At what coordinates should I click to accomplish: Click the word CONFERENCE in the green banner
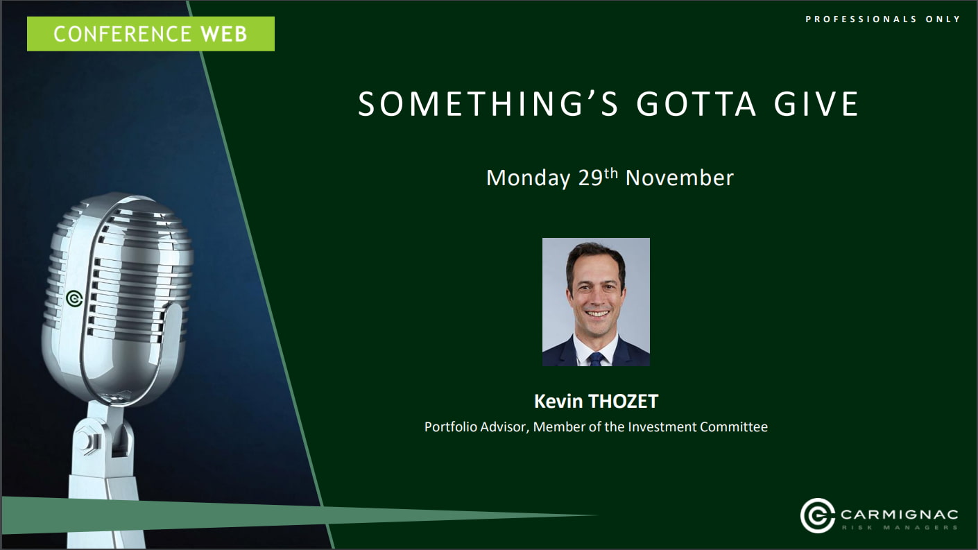tap(122, 34)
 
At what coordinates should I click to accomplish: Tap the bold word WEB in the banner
tap(224, 34)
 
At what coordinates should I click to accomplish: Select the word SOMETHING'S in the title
tap(488, 104)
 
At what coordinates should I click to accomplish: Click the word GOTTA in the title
tap(696, 104)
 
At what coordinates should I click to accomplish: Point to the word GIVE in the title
tap(816, 104)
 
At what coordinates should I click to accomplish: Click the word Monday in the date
tap(528, 178)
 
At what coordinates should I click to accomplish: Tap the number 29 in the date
tap(590, 178)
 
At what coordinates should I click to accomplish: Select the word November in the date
tap(679, 178)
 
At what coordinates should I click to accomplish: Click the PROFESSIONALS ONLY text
tap(882, 19)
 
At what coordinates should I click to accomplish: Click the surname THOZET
tap(623, 402)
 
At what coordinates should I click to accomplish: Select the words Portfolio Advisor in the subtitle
tap(477, 427)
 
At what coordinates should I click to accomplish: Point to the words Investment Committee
tap(698, 427)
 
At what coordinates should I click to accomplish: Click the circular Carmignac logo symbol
tap(817, 515)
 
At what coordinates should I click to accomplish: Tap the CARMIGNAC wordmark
tap(899, 515)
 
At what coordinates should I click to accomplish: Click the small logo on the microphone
tap(75, 299)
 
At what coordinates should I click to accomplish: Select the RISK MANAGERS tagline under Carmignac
tap(900, 528)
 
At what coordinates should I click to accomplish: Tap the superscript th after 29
tap(611, 173)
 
